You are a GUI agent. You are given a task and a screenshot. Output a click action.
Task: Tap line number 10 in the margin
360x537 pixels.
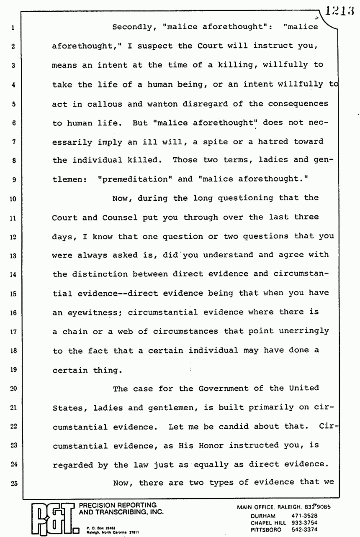(13, 199)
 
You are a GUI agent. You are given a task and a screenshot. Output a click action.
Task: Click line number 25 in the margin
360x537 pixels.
(13, 484)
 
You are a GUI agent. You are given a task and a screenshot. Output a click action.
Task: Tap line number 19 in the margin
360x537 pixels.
(13, 370)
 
